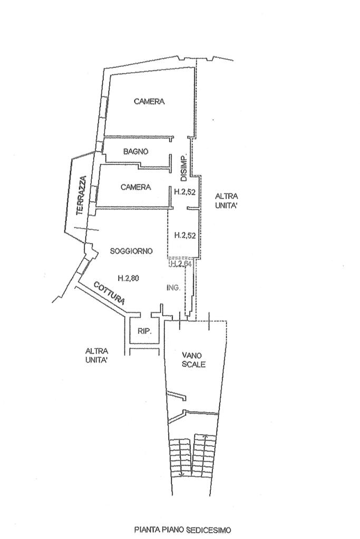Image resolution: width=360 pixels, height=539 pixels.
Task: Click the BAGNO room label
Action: pos(135,152)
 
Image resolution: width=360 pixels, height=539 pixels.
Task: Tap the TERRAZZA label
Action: pos(80,195)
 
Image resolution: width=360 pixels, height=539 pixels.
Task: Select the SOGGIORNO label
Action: pos(131,251)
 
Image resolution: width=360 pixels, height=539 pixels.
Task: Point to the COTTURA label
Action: pos(109,293)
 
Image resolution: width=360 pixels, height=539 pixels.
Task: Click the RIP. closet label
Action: pos(144,331)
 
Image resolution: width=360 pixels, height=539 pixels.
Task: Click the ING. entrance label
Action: pos(173,288)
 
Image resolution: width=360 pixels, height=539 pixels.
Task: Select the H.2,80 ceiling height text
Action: pos(129,279)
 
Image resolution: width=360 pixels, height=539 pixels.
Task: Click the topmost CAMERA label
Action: pos(149,102)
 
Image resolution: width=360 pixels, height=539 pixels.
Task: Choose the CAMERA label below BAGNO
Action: pos(135,187)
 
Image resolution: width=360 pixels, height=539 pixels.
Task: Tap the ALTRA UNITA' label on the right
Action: pos(227,201)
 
